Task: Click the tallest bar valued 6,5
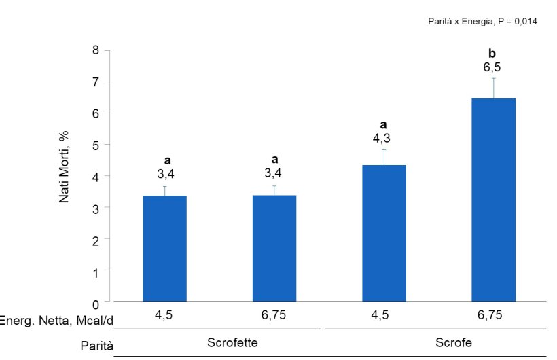pyautogui.click(x=494, y=200)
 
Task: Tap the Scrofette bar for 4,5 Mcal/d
pyautogui.click(x=164, y=249)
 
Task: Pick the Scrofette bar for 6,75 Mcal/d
pyautogui.click(x=274, y=249)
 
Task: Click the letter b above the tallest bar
pyautogui.click(x=493, y=53)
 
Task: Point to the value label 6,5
pyautogui.click(x=493, y=67)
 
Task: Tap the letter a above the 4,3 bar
pyautogui.click(x=384, y=124)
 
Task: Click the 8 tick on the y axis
pyautogui.click(x=96, y=50)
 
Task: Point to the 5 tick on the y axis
pyautogui.click(x=96, y=145)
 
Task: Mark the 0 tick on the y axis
pyautogui.click(x=96, y=302)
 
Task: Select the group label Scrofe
pyautogui.click(x=453, y=342)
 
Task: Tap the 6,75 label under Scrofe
pyautogui.click(x=493, y=316)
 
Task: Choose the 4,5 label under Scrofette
pyautogui.click(x=164, y=316)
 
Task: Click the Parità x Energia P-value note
pyautogui.click(x=482, y=21)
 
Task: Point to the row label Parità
pyautogui.click(x=96, y=344)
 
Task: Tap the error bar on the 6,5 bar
pyautogui.click(x=494, y=88)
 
